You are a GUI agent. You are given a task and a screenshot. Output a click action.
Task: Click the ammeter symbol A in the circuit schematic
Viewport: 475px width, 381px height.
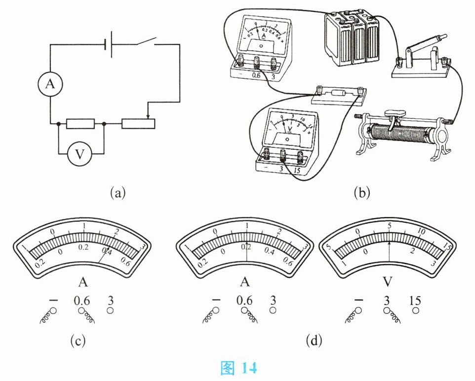point(50,85)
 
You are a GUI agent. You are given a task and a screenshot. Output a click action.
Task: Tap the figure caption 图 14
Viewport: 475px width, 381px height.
point(239,368)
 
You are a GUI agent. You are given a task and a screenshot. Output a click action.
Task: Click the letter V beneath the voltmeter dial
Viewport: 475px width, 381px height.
point(389,281)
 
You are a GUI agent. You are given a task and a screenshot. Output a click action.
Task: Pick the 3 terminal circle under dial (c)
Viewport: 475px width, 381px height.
point(111,311)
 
